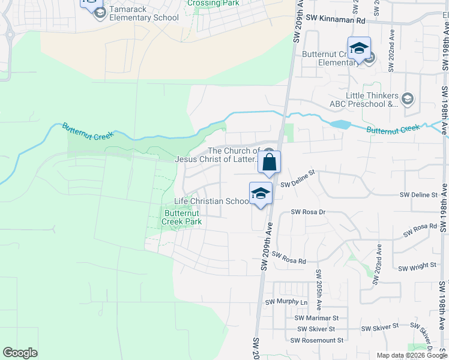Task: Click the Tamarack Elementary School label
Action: point(143,17)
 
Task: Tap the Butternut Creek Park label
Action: point(182,217)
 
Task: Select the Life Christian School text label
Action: point(211,202)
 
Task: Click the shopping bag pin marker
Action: point(270,162)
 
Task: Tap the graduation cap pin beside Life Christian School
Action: point(261,194)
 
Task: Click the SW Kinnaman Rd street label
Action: point(336,20)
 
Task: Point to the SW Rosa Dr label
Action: point(308,212)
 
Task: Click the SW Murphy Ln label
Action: point(286,302)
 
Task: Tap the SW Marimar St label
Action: point(317,318)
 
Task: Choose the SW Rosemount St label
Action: point(317,340)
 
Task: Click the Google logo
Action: point(20,353)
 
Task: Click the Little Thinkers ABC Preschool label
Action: point(372,100)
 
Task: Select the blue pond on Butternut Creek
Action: point(340,125)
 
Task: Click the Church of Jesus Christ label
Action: point(217,155)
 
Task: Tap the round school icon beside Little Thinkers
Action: point(408,98)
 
